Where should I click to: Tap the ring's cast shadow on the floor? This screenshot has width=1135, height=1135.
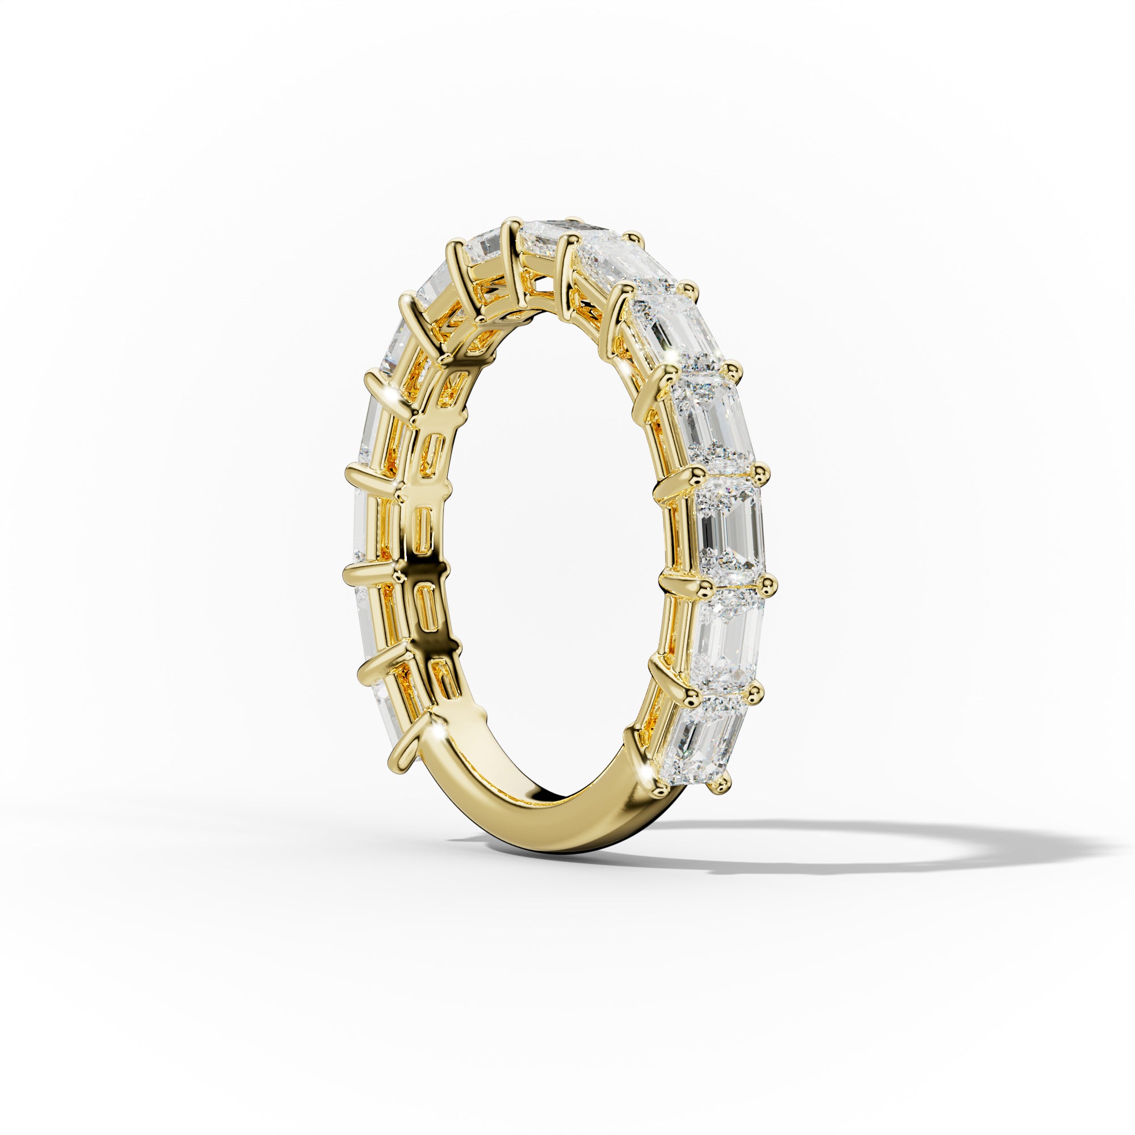tap(881, 846)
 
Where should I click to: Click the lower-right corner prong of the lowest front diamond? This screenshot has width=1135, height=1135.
tap(723, 784)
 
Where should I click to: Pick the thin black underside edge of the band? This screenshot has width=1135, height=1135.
tap(564, 846)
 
